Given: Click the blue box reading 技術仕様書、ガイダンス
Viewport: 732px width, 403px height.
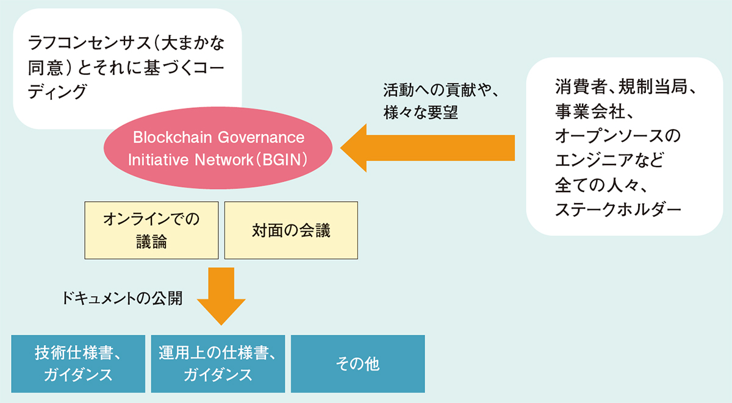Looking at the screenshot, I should point(78,363).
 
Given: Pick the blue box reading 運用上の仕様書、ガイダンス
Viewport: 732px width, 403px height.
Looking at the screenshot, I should point(218,363).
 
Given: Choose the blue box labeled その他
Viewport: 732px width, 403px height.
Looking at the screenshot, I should point(357,363).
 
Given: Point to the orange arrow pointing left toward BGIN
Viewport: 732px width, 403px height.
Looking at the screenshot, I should point(427,148).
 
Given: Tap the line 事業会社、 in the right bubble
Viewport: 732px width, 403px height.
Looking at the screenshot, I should point(594,111).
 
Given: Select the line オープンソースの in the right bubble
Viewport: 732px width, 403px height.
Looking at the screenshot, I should point(617,135).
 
